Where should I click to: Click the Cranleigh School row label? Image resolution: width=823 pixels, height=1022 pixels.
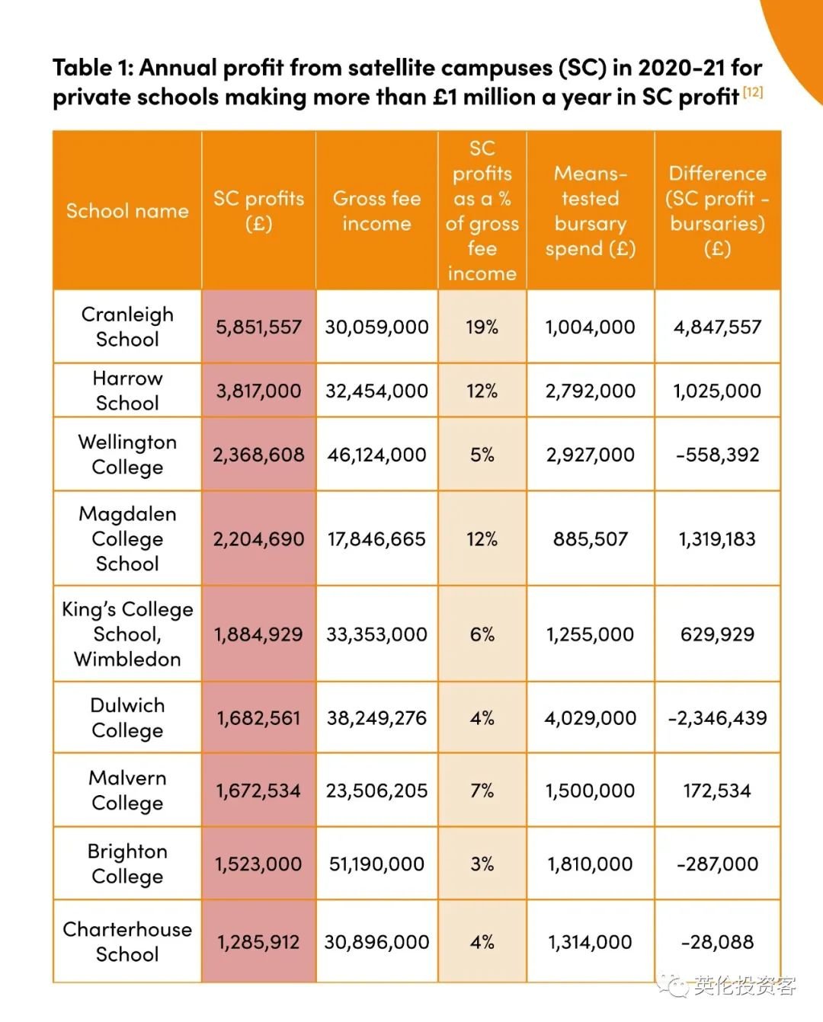pyautogui.click(x=127, y=327)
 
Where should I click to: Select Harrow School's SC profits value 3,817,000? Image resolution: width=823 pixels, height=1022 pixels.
pyautogui.click(x=258, y=391)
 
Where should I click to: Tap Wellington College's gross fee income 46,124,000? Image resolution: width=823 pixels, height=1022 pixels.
pyautogui.click(x=376, y=455)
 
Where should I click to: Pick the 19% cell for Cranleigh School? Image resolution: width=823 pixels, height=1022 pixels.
pyautogui.click(x=482, y=327)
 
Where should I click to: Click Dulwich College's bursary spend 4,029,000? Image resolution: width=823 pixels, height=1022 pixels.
pyautogui.click(x=590, y=718)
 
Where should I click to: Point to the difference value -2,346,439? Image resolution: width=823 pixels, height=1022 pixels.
pyautogui.click(x=717, y=718)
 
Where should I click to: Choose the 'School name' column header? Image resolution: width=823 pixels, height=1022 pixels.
pyautogui.click(x=127, y=211)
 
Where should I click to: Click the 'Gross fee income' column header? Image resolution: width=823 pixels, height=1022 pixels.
pyautogui.click(x=376, y=211)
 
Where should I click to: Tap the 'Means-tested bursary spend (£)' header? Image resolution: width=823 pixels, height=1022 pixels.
pyautogui.click(x=590, y=211)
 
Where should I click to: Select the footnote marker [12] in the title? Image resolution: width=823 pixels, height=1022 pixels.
pyautogui.click(x=753, y=92)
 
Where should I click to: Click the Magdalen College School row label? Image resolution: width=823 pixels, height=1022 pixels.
pyautogui.click(x=127, y=538)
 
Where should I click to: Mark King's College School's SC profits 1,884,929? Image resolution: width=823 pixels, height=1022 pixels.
pyautogui.click(x=258, y=634)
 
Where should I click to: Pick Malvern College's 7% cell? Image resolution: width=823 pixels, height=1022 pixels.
pyautogui.click(x=482, y=790)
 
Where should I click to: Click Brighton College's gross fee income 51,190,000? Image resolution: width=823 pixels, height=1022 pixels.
pyautogui.click(x=376, y=864)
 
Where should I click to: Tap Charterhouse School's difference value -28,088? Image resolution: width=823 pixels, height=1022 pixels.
pyautogui.click(x=717, y=942)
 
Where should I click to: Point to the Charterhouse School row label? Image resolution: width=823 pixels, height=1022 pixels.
pyautogui.click(x=127, y=942)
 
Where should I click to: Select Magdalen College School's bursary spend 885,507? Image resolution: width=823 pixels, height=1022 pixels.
pyautogui.click(x=590, y=539)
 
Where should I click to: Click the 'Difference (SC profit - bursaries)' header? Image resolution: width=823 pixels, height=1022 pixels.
pyautogui.click(x=717, y=211)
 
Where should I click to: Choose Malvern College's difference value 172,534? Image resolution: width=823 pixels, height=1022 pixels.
pyautogui.click(x=717, y=790)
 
